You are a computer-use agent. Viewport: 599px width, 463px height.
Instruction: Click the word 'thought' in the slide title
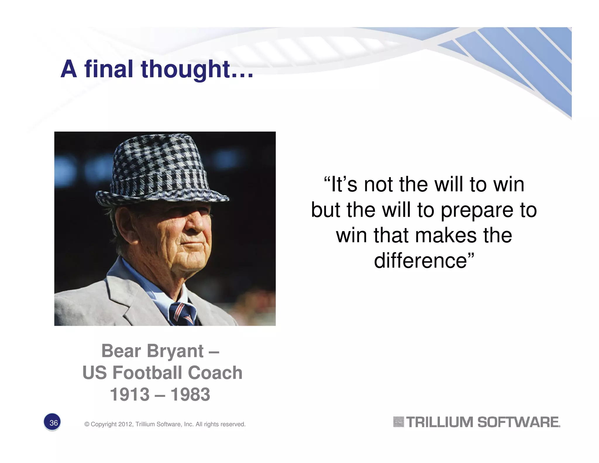click(x=186, y=69)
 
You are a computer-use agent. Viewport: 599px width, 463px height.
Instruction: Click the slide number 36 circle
click(x=52, y=422)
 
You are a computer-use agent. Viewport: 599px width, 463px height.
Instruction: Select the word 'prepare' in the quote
click(x=477, y=210)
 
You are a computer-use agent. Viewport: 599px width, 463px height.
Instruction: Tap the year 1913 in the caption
click(x=130, y=395)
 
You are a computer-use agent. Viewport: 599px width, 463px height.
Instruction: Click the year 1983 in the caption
click(x=190, y=395)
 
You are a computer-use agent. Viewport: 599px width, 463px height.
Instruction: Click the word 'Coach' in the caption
click(x=215, y=373)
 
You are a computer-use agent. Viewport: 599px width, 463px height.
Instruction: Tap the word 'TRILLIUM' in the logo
click(x=440, y=422)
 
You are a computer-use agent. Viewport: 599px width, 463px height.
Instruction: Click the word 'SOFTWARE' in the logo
click(x=518, y=422)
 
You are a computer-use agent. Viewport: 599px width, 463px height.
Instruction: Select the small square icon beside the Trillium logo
click(x=398, y=422)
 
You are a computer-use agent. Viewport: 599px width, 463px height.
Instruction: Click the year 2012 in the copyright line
click(x=125, y=424)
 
